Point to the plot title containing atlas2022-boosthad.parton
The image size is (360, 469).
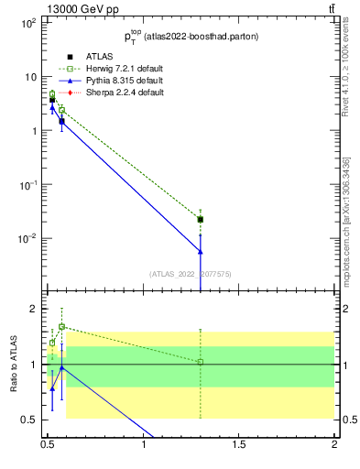[191, 37]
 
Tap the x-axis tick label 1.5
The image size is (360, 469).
[240, 446]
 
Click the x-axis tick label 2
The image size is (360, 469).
[335, 446]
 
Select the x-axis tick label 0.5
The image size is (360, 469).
[49, 446]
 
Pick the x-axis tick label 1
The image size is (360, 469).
[145, 446]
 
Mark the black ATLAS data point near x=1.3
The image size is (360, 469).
[201, 220]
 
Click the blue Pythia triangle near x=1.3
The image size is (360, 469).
[201, 250]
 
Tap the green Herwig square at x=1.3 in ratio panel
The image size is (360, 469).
[201, 362]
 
